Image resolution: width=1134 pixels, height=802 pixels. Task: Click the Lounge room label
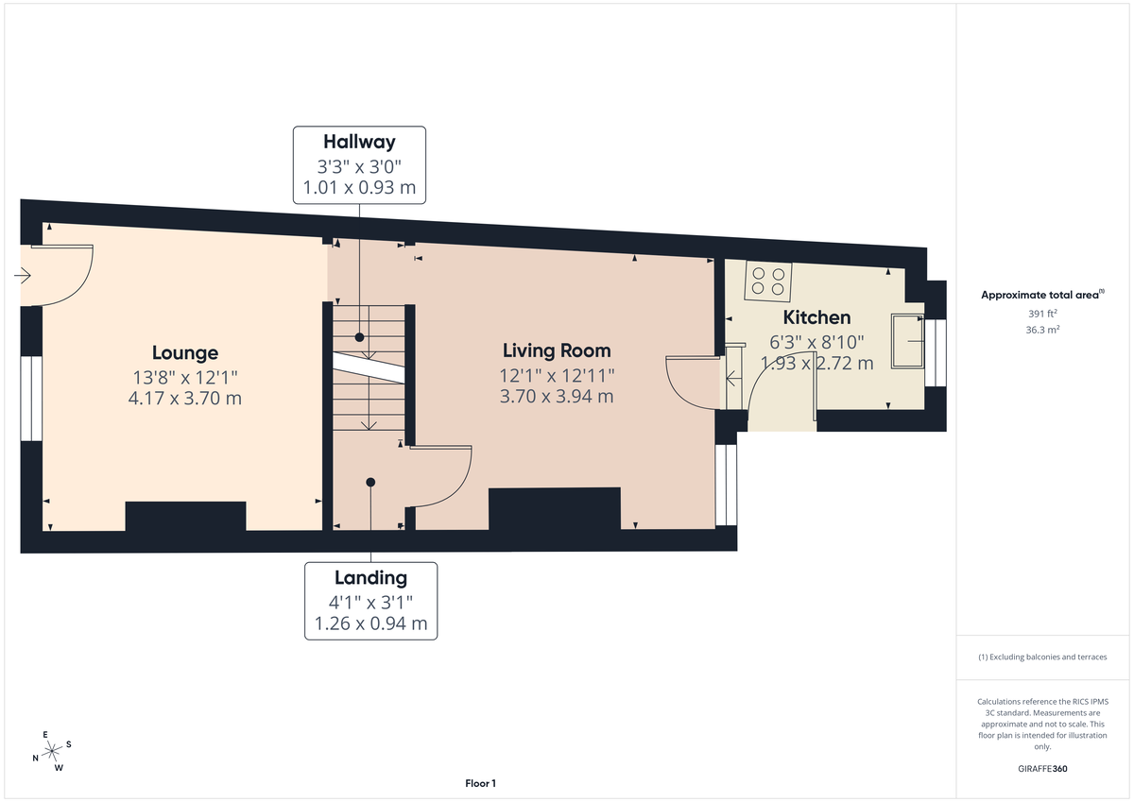pos(184,352)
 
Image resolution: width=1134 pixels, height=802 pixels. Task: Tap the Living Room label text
pos(556,350)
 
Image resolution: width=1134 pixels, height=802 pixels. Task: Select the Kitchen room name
pos(816,317)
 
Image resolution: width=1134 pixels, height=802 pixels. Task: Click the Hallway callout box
pos(359,164)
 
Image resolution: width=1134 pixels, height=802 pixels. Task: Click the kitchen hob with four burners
pos(767,280)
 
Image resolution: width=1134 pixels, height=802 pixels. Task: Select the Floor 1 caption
pos(480,783)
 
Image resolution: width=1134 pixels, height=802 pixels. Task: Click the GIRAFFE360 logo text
pos(1044,769)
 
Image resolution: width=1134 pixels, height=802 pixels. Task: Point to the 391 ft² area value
pos(1043,314)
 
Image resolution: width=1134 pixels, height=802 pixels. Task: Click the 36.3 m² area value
pos(1043,330)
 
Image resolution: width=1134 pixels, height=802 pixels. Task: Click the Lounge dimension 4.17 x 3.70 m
pos(184,399)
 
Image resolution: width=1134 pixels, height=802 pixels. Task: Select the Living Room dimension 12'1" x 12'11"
pos(556,375)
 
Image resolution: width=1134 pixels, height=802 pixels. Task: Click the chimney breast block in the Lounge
pos(185,517)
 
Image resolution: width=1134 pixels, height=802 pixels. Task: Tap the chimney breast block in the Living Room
pos(554,509)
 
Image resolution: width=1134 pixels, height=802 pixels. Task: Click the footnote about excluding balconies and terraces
pos(1042,657)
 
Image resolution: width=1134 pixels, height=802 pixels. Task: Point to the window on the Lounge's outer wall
pos(31,398)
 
